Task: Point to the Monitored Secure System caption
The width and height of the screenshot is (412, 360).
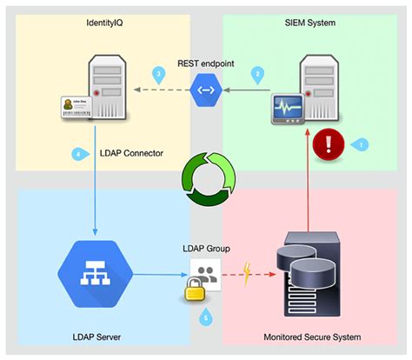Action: pyautogui.click(x=311, y=335)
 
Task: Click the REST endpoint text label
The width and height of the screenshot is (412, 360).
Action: pyautogui.click(x=205, y=63)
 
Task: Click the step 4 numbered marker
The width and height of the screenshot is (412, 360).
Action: pyautogui.click(x=79, y=154)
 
